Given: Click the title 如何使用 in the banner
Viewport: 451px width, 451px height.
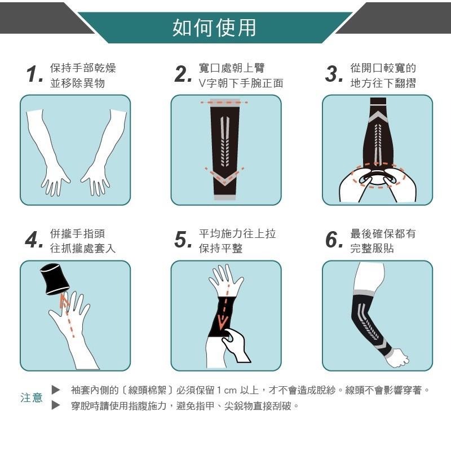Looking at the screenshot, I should [214, 27].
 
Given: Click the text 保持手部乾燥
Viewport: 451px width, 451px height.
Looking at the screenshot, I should [83, 68].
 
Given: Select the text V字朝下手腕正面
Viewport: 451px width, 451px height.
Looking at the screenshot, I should [241, 83].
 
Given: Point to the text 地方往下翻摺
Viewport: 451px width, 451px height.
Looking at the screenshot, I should [383, 83].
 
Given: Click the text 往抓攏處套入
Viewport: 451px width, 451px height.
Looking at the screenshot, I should [83, 249].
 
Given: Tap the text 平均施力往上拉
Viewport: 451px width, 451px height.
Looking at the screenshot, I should [237, 233].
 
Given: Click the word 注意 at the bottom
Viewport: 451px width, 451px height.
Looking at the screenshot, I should [32, 397].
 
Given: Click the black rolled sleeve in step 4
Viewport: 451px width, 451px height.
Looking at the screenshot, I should [55, 278].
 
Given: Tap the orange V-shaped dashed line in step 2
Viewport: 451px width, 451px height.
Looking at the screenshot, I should [224, 176].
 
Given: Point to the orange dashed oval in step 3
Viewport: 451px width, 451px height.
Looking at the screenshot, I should [377, 176].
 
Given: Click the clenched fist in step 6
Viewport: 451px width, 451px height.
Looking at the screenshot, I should [397, 357].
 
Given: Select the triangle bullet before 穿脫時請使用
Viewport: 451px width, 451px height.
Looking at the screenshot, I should [55, 405].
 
